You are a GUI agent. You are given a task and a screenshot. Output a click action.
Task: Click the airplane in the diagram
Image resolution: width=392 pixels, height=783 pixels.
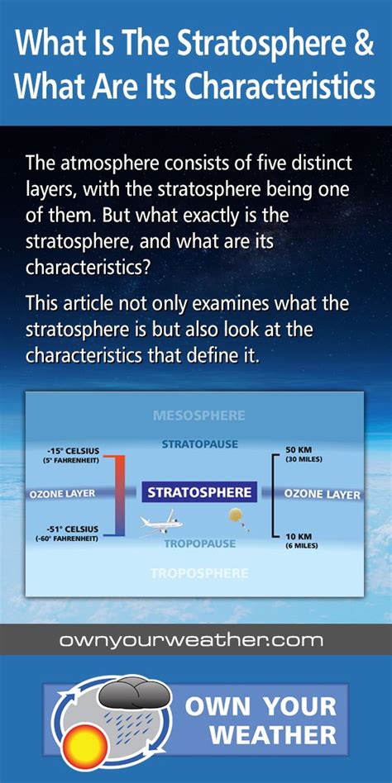click(160, 523)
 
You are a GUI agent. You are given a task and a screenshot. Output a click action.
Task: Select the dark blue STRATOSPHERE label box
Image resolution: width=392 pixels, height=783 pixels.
click(199, 493)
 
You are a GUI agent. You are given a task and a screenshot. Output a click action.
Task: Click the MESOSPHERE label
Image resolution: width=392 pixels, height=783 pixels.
click(199, 415)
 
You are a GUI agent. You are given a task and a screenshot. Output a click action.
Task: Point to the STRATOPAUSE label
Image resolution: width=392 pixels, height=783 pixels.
click(200, 444)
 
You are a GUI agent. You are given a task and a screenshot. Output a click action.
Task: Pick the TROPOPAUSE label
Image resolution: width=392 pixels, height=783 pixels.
click(200, 543)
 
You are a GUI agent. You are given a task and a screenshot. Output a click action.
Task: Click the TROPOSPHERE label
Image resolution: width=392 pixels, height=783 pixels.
click(199, 573)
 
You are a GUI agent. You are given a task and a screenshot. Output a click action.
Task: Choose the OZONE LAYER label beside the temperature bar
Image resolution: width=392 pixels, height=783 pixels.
click(62, 493)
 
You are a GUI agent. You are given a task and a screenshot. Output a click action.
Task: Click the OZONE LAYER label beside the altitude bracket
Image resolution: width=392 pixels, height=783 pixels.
click(322, 495)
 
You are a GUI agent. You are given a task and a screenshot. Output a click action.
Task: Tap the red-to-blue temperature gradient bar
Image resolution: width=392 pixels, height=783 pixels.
click(120, 495)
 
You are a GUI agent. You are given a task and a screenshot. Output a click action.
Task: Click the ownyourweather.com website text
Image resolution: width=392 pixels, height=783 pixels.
click(191, 640)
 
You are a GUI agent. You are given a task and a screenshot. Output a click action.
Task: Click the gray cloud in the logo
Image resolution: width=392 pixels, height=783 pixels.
click(134, 692)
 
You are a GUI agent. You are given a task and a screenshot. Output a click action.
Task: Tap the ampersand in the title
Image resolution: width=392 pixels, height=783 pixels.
click(365, 44)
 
